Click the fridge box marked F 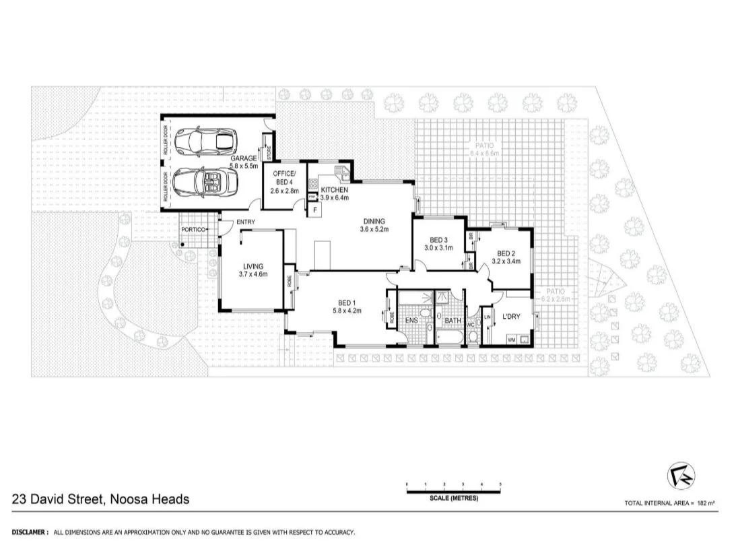[x=314, y=210]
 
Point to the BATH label [x=452, y=321]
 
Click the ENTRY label [x=244, y=223]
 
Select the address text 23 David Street [x=100, y=499]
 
